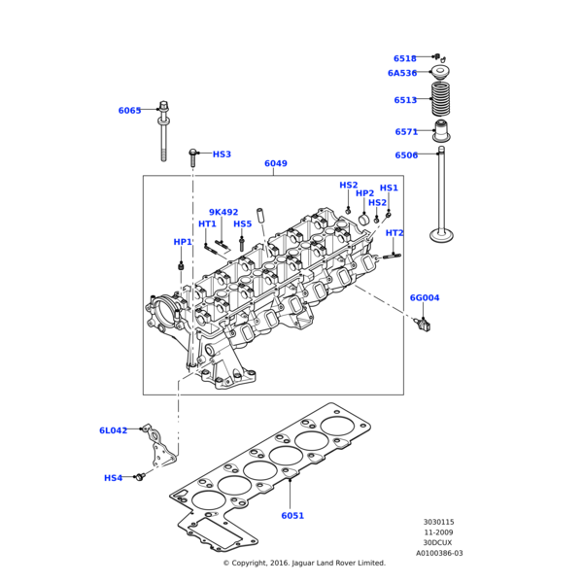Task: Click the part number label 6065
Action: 129,111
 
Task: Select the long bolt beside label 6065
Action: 163,131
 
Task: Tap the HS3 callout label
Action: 222,154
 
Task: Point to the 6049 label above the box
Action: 275,164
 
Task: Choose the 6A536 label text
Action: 401,73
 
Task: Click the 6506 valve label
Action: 406,155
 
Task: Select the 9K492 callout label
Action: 223,212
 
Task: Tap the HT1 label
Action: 207,224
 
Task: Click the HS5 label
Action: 242,224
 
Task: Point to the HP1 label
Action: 183,242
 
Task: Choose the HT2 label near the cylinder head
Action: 394,233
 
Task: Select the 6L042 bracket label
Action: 113,430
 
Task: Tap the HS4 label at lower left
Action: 114,478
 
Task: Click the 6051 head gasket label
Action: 292,516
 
